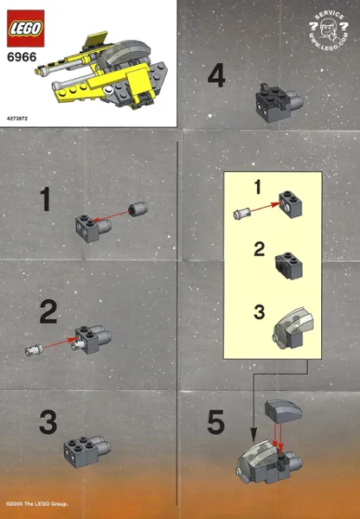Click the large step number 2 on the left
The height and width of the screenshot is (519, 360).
coord(48,311)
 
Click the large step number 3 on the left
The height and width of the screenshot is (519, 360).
coord(48,422)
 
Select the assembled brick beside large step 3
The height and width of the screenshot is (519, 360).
coord(87,448)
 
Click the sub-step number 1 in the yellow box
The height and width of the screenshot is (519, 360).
coord(256,186)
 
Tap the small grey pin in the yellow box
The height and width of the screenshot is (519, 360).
coord(241,211)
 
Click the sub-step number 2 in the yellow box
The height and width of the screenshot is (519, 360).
coord(257,250)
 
